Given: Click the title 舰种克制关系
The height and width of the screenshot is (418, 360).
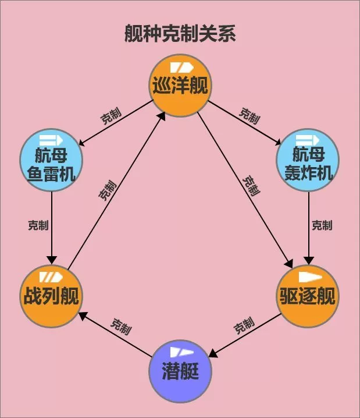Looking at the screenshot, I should tap(180, 34).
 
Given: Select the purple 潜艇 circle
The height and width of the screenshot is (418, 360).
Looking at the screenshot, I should tap(180, 371).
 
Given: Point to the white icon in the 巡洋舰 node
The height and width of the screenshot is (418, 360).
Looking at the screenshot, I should tap(181, 68).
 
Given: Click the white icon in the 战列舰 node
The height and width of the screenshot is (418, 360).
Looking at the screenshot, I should tap(51, 277).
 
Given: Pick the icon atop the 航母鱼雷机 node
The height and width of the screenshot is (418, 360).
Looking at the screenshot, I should tap(51, 140).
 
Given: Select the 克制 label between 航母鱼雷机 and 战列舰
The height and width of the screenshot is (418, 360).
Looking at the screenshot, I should tap(38, 225).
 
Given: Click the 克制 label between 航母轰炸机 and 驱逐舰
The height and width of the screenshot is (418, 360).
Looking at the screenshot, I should tap(322, 225).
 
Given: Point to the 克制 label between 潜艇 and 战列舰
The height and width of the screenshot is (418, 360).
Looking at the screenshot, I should tap(121, 327).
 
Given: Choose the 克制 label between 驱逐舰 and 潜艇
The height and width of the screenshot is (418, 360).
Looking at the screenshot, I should tap(244, 325).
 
